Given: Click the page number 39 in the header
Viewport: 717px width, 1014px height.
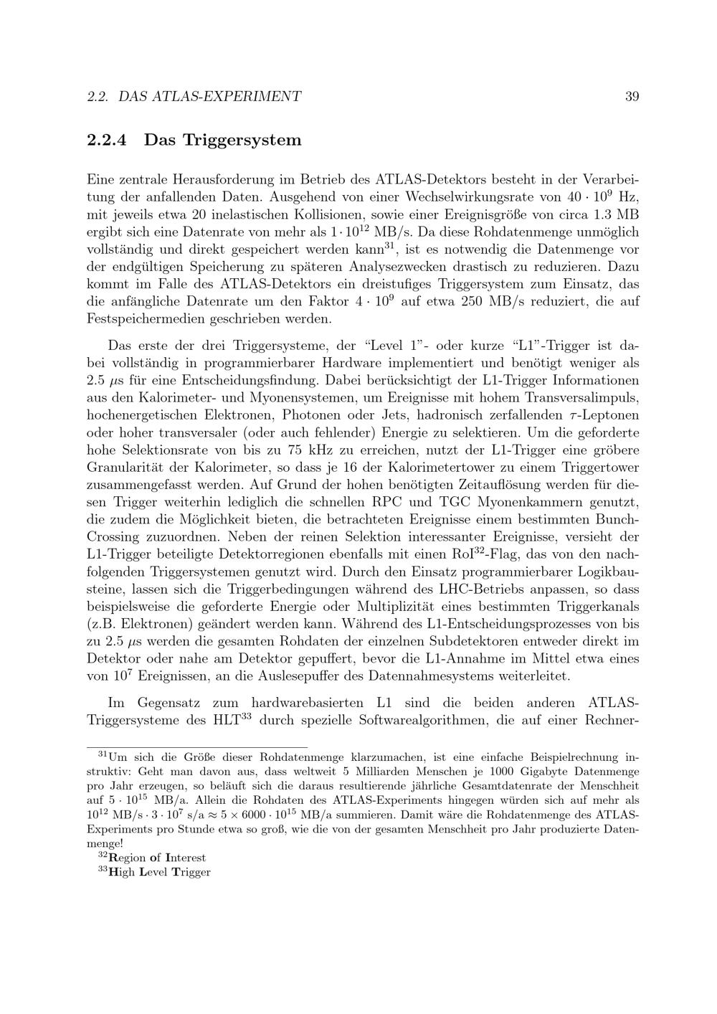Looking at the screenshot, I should (x=632, y=96).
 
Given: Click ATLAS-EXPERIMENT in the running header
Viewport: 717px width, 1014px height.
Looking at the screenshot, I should (x=227, y=96).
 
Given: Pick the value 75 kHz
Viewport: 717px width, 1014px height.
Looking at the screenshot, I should (x=308, y=450).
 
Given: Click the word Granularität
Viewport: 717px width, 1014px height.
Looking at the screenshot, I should (x=130, y=468).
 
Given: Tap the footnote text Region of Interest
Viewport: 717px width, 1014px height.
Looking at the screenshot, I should (x=157, y=858).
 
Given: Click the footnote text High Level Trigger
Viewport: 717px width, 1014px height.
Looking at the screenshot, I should (x=160, y=872).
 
